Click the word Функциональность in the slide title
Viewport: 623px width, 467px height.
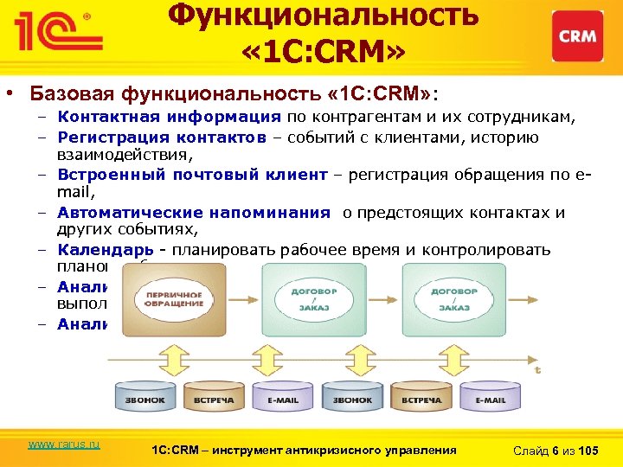click(x=322, y=16)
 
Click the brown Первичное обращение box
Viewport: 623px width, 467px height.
click(x=170, y=298)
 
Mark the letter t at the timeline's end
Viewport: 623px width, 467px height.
click(x=538, y=369)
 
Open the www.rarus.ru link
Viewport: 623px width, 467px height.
click(x=64, y=444)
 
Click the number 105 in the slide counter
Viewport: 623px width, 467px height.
click(x=587, y=450)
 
